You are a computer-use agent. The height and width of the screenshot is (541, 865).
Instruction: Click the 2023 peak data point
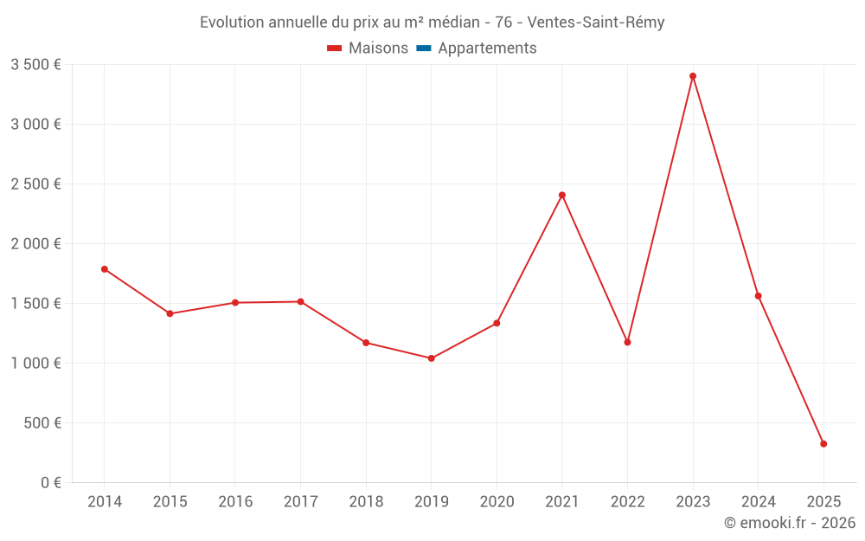[693, 76]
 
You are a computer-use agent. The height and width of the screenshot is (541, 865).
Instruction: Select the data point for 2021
[562, 195]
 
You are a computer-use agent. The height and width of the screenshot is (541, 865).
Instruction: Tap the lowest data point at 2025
[823, 444]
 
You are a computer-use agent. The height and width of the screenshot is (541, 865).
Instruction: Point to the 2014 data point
[105, 269]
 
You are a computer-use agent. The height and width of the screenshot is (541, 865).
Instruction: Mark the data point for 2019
[432, 358]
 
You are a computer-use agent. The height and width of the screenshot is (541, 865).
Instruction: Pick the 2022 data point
[627, 342]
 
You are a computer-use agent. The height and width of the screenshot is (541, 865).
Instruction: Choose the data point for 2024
[758, 296]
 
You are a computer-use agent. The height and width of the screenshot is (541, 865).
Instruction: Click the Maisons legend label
[378, 48]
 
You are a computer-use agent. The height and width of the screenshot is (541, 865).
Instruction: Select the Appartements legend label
[487, 48]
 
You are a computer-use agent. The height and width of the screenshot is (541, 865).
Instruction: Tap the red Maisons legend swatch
[335, 48]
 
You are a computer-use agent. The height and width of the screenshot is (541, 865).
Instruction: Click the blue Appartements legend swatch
[424, 48]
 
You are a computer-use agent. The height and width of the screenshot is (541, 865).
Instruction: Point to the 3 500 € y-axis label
[35, 65]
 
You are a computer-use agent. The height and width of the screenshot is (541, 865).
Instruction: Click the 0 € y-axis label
[48, 483]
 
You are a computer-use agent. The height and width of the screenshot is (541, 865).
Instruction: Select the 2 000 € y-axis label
[35, 244]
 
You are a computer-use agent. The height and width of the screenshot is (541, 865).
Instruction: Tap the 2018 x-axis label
[366, 502]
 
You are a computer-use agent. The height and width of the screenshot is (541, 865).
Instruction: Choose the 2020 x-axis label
[497, 502]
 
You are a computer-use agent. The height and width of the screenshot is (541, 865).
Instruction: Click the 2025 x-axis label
[823, 502]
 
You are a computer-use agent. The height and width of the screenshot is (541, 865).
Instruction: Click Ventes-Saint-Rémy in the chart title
[595, 23]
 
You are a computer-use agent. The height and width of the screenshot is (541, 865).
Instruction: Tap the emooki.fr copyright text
[790, 523]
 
